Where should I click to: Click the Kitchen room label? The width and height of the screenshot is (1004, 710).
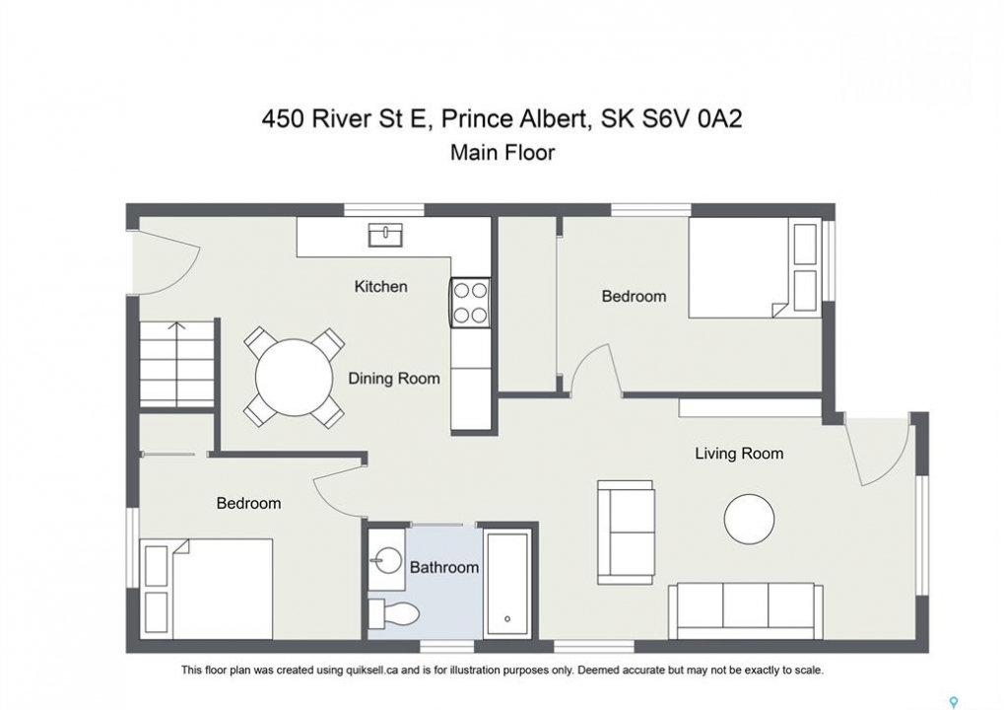click(381, 286)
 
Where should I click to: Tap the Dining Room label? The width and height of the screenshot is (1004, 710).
click(394, 379)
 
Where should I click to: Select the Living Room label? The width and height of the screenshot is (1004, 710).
click(739, 454)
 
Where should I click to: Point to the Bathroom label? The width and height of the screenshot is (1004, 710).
click(444, 567)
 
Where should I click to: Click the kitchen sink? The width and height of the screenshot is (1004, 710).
click(385, 235)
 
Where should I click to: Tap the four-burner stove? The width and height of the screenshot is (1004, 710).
click(471, 303)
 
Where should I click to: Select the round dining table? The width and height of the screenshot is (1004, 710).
click(294, 378)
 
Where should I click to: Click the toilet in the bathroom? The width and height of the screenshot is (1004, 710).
click(393, 614)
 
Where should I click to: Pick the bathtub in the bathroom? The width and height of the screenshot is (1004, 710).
click(507, 583)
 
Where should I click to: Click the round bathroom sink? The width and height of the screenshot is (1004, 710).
click(387, 559)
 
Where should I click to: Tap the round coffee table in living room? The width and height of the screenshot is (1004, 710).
click(749, 519)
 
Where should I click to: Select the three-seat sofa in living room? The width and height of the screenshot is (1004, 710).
click(745, 611)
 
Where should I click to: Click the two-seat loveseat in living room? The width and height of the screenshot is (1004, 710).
click(627, 532)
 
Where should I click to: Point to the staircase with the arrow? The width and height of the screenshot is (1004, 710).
click(177, 363)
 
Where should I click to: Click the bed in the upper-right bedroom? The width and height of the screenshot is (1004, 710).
click(755, 268)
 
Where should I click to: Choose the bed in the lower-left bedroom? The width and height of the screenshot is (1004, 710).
click(206, 589)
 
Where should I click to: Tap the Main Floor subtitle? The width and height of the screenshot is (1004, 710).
click(502, 153)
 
